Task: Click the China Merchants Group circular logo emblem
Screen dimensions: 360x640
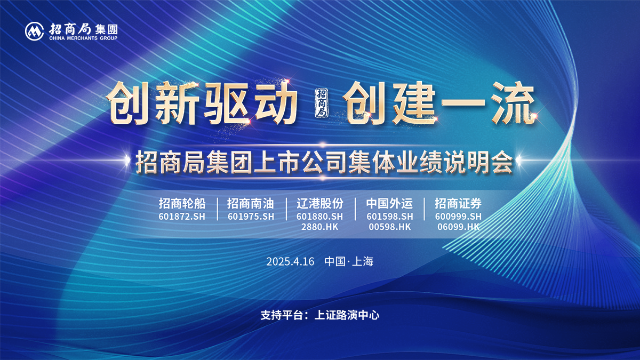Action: (35, 31)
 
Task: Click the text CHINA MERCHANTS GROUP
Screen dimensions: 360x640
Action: (83, 38)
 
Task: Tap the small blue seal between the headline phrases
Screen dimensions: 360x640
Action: (321, 102)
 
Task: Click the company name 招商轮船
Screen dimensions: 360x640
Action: (181, 204)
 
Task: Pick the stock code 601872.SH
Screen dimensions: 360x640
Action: (182, 217)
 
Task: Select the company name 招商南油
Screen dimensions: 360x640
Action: (250, 204)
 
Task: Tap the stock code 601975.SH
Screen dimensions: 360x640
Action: (251, 217)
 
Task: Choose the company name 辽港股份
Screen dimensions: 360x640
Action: (319, 204)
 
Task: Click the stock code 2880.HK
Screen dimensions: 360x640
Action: (320, 227)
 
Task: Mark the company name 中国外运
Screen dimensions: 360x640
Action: (389, 204)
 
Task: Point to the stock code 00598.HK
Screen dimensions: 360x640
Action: (390, 227)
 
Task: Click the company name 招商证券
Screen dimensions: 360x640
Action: (458, 204)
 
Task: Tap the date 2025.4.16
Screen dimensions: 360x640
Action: (291, 262)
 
